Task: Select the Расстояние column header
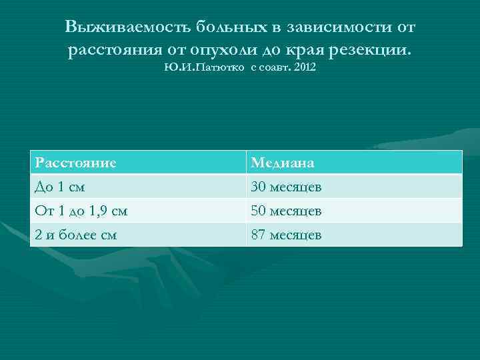click(77, 162)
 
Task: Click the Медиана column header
click(283, 163)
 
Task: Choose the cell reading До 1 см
click(61, 187)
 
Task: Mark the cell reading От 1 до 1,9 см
click(82, 211)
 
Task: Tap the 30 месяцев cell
click(286, 187)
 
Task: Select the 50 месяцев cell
click(286, 211)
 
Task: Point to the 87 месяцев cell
click(286, 235)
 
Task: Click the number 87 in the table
click(258, 235)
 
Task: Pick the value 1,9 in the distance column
click(101, 211)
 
